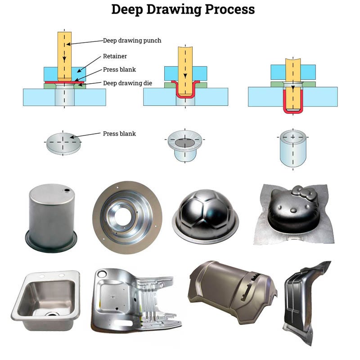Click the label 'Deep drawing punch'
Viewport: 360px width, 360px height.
(132, 40)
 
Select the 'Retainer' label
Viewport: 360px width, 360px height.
(115, 56)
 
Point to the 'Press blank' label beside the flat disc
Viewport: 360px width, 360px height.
(119, 134)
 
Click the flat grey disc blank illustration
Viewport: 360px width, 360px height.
(63, 143)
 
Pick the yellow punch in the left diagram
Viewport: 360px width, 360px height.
(64, 54)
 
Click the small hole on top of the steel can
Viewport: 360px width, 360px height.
(67, 191)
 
